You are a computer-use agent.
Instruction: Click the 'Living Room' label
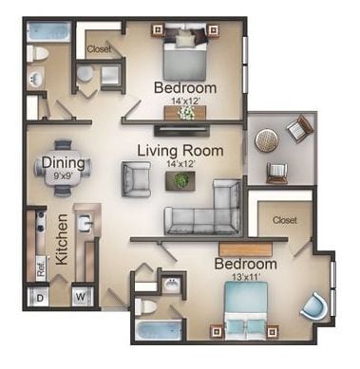tap(180, 150)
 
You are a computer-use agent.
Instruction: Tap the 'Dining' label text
tap(64, 162)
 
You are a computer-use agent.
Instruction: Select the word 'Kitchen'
tap(62, 242)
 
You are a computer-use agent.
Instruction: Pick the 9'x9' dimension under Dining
tap(64, 175)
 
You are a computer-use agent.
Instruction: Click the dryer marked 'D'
tap(41, 296)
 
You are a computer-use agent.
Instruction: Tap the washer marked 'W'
tap(79, 296)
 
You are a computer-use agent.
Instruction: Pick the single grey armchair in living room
tap(136, 177)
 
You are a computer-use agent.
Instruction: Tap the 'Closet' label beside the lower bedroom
tap(285, 219)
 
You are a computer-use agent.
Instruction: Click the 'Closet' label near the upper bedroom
tap(100, 48)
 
